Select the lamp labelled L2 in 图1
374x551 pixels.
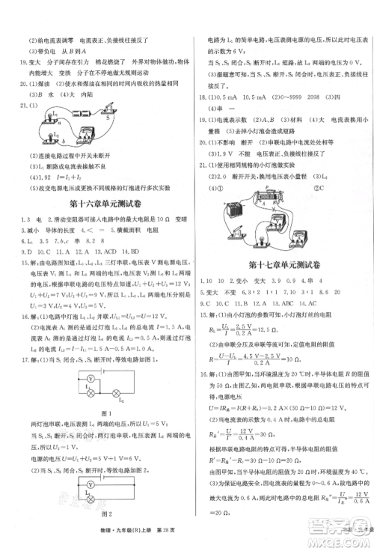[x=114, y=392]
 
